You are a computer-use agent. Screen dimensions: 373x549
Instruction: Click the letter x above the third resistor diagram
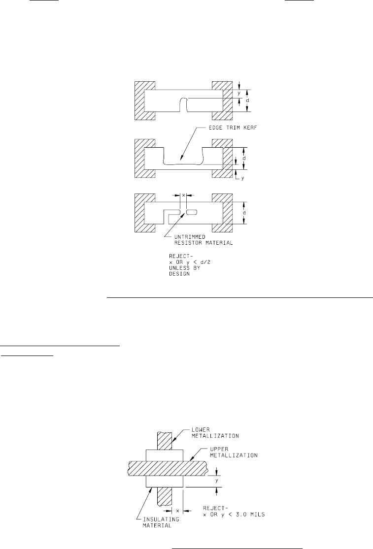[x=183, y=195]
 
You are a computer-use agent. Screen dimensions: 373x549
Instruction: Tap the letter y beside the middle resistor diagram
[x=242, y=178]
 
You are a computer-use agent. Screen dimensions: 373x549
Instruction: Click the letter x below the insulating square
[x=177, y=511]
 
